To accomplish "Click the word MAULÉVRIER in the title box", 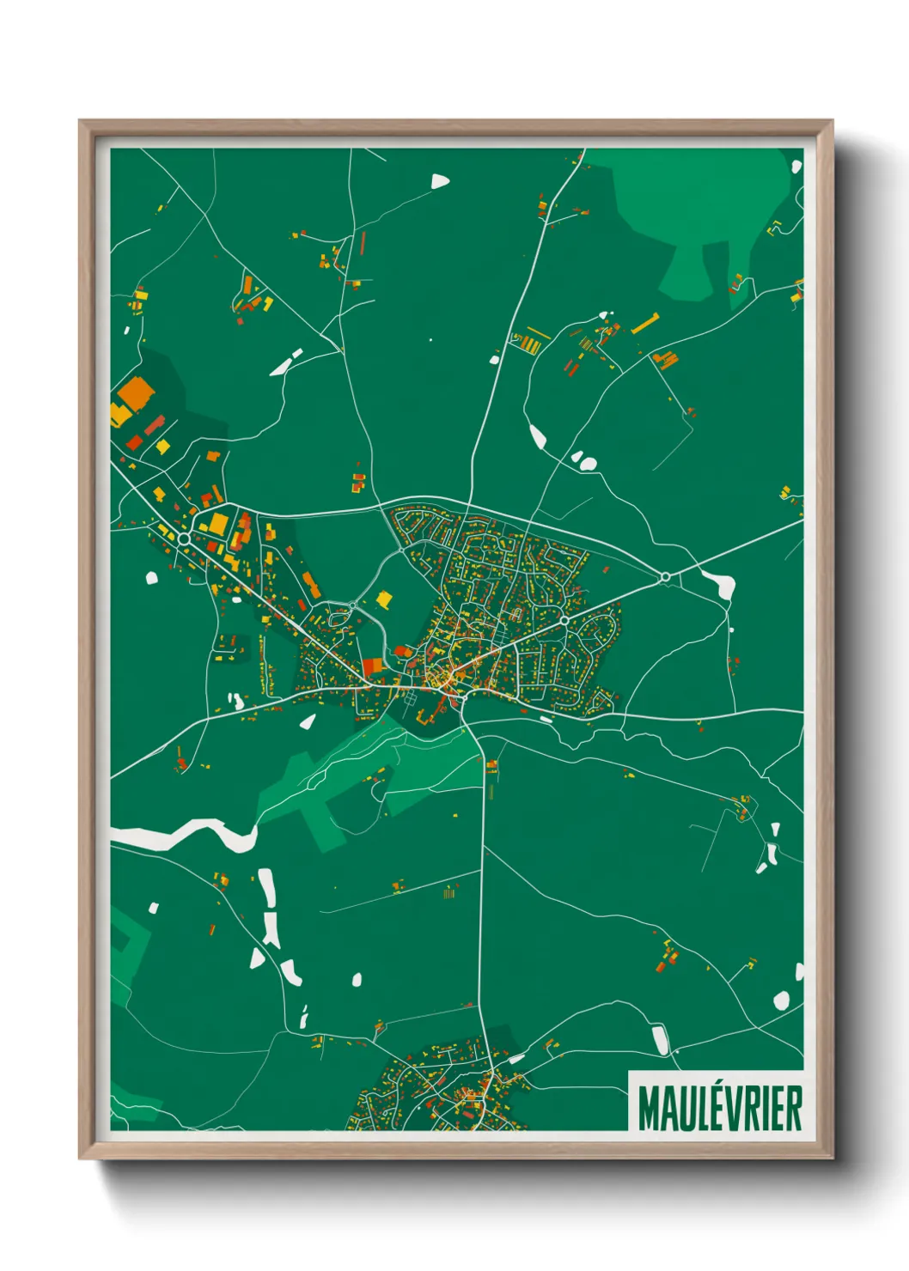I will click(x=720, y=1109).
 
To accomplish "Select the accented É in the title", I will click(x=712, y=1108).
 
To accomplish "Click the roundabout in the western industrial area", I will click(x=184, y=538).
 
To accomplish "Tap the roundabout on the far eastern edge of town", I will click(x=665, y=576).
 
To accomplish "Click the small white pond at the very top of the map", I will click(x=440, y=180).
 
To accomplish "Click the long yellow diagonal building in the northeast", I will click(x=645, y=324).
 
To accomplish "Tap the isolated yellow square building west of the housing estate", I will click(x=384, y=599).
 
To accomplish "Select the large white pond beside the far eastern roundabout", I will click(x=720, y=585).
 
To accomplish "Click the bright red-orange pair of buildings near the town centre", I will click(x=372, y=666).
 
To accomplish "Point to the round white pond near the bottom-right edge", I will click(x=781, y=1000).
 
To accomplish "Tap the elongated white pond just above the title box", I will click(x=660, y=1039).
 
